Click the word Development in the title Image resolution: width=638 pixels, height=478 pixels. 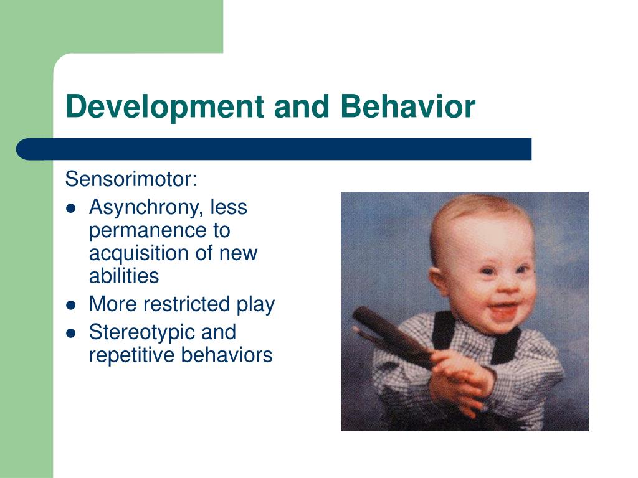click(x=165, y=107)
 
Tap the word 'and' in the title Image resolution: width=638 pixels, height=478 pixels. click(x=302, y=106)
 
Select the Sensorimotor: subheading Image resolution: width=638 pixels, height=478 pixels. click(x=131, y=179)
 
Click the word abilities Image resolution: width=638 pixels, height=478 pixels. click(x=124, y=276)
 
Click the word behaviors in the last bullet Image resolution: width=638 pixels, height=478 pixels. click(x=226, y=355)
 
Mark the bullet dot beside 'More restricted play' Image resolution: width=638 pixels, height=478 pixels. click(x=71, y=305)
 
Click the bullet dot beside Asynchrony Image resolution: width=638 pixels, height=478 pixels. click(x=71, y=209)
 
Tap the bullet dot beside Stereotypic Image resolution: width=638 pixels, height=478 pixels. click(x=71, y=334)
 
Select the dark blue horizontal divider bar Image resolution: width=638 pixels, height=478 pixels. click(x=274, y=149)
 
